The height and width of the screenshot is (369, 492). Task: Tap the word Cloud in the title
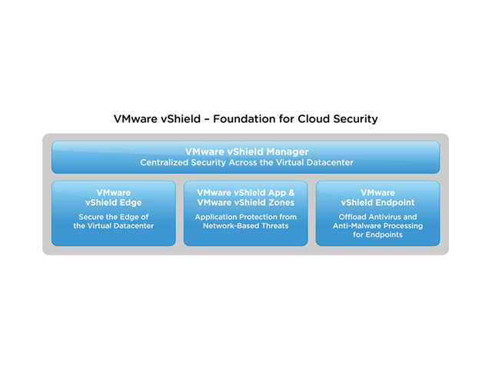[x=314, y=119]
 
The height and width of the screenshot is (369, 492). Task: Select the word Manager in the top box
[x=288, y=152]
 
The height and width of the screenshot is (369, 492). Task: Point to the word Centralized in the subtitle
[x=165, y=162]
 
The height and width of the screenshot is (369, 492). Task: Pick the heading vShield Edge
[x=114, y=203]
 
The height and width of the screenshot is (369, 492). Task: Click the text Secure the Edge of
[x=114, y=217]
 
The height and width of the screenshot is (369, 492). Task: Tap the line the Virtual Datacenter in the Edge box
[x=114, y=225]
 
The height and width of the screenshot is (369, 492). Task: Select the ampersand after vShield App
[x=291, y=193]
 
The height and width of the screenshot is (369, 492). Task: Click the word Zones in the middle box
[x=282, y=203]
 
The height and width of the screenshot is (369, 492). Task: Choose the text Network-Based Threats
[x=246, y=225]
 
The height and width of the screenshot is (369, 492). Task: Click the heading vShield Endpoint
[x=377, y=203]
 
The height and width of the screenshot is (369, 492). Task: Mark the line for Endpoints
[x=377, y=234]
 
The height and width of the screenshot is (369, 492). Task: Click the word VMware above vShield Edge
[x=114, y=193]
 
